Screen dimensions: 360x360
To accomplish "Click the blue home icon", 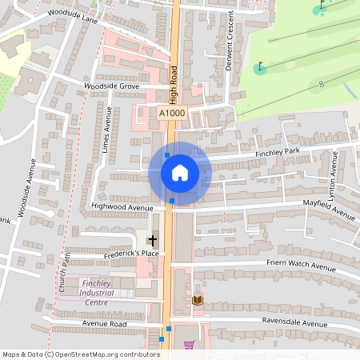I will pyautogui.click(x=179, y=172).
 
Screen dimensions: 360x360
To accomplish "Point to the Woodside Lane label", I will pyautogui.click(x=72, y=16).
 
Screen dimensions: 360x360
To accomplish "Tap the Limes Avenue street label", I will pyautogui.click(x=106, y=128).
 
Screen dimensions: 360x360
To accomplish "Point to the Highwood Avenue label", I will pyautogui.click(x=122, y=207).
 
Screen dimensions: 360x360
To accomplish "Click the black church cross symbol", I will pyautogui.click(x=152, y=240).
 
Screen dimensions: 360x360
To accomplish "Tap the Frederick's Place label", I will pyautogui.click(x=132, y=254).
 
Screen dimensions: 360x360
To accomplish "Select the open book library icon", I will pyautogui.click(x=198, y=300).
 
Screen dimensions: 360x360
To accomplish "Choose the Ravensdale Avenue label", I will pyautogui.click(x=295, y=324).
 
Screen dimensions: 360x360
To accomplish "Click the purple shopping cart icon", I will pyautogui.click(x=189, y=345).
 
